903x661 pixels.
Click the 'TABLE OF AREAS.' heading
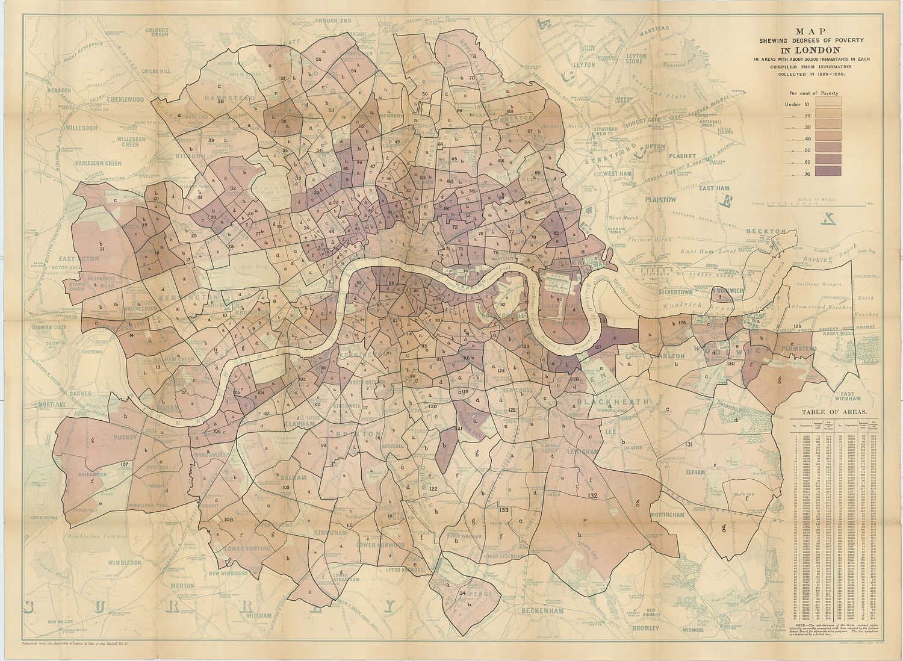tap(833, 412)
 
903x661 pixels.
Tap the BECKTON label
tap(766, 231)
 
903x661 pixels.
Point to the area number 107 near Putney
tap(125, 464)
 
